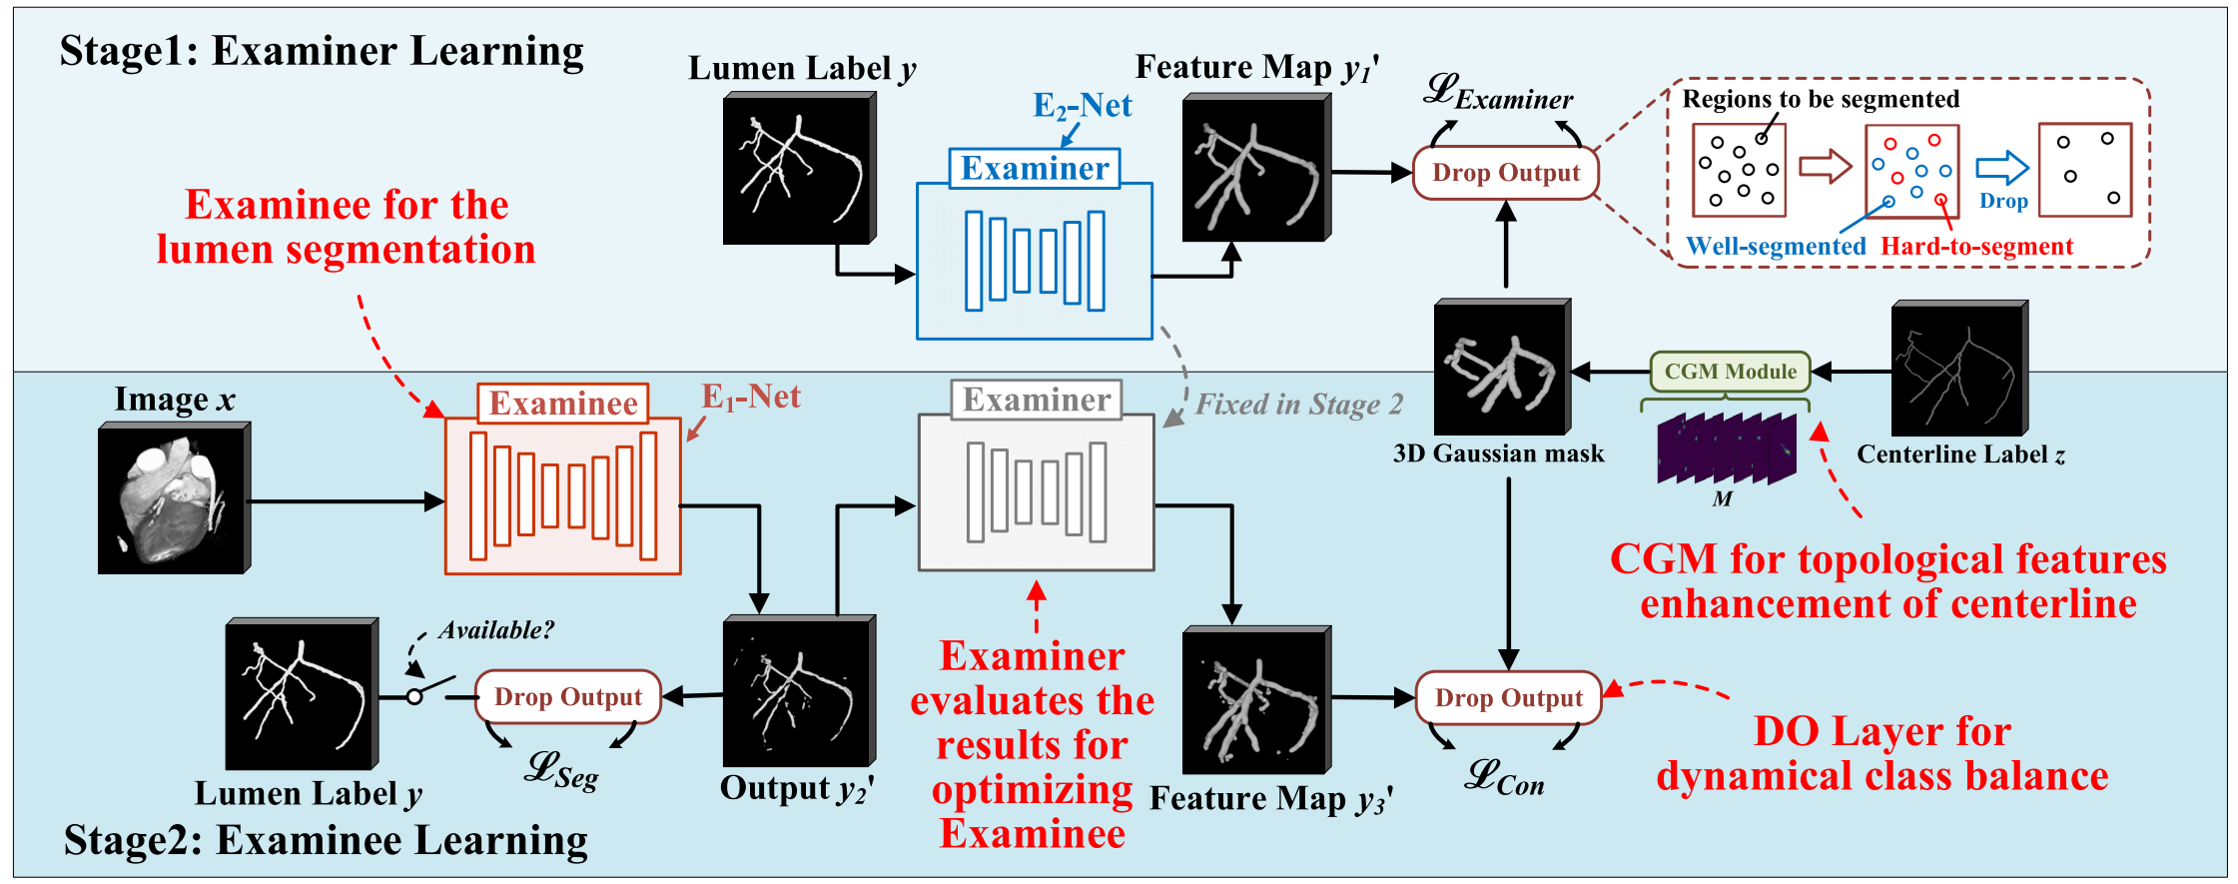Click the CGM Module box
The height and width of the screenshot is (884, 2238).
pos(1730,372)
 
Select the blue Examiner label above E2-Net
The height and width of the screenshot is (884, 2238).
pos(1034,168)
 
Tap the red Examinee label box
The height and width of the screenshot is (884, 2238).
pos(562,404)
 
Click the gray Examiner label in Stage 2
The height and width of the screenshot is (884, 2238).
pos(1036,400)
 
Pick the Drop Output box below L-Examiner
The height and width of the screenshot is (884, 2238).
pos(1505,173)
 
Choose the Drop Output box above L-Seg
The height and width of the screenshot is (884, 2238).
pos(567,696)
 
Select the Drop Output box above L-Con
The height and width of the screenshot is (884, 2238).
pos(1508,697)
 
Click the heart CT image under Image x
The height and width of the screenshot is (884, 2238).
pos(174,498)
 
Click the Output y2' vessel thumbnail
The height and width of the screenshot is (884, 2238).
pos(798,691)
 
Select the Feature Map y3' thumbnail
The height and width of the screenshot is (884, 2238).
pos(1255,700)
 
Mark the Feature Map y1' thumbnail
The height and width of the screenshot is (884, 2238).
pos(1255,169)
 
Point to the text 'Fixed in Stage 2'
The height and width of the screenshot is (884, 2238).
pos(1298,405)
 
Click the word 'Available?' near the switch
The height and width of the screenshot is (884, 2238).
pos(495,630)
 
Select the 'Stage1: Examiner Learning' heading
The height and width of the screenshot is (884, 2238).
pos(322,51)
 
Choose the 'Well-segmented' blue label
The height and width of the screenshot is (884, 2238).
pos(1775,247)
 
